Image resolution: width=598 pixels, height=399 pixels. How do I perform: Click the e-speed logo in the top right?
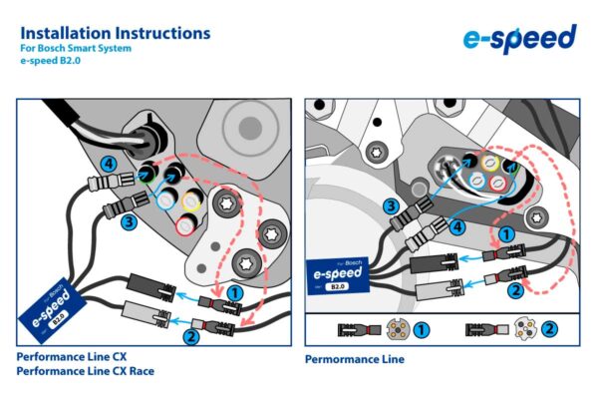(519, 39)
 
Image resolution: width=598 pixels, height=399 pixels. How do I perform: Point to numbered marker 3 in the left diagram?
(130, 222)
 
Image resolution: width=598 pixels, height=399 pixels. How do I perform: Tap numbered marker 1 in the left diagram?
(235, 292)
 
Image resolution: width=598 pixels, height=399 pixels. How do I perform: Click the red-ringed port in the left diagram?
(184, 227)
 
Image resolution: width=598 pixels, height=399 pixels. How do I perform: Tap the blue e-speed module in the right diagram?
(339, 272)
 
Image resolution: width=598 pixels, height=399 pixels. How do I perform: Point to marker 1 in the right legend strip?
(422, 329)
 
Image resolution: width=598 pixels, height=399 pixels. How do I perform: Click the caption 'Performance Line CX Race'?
(86, 371)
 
